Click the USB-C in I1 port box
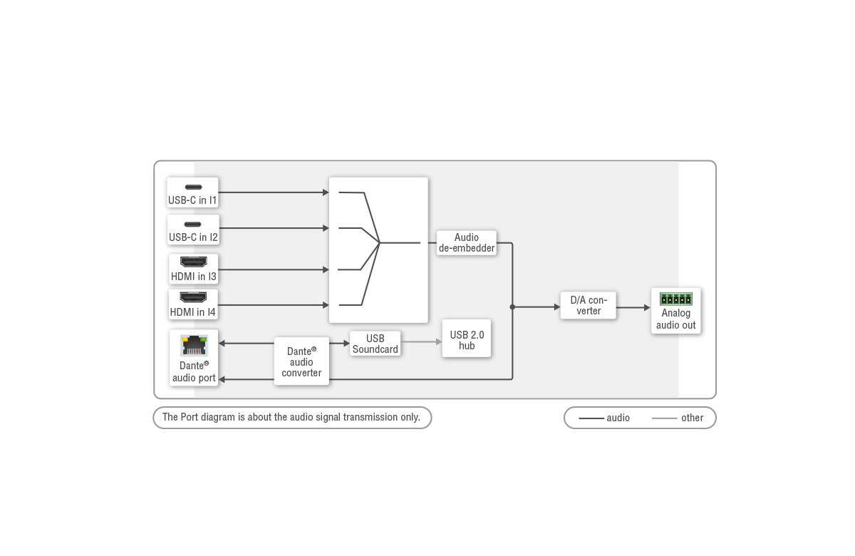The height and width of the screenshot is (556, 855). click(192, 192)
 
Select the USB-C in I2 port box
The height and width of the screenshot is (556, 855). click(192, 230)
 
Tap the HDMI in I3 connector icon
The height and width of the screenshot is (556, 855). click(193, 262)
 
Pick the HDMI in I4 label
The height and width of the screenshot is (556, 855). click(193, 312)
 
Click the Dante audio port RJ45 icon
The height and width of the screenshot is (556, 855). click(193, 345)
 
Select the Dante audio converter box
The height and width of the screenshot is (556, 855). click(301, 361)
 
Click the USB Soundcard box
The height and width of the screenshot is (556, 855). click(375, 344)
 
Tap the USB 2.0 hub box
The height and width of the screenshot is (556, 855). click(467, 339)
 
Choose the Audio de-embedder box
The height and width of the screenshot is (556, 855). click(466, 243)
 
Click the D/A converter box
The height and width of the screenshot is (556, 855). click(588, 306)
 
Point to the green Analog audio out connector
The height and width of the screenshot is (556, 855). click(675, 299)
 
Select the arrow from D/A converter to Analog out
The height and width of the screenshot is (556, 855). click(633, 307)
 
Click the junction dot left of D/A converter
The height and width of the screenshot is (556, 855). click(512, 307)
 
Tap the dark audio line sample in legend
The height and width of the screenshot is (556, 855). click(591, 418)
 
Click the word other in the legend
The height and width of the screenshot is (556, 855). click(692, 418)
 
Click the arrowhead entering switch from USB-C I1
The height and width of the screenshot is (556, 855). click(325, 192)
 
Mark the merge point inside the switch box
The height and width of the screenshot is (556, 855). click(380, 243)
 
